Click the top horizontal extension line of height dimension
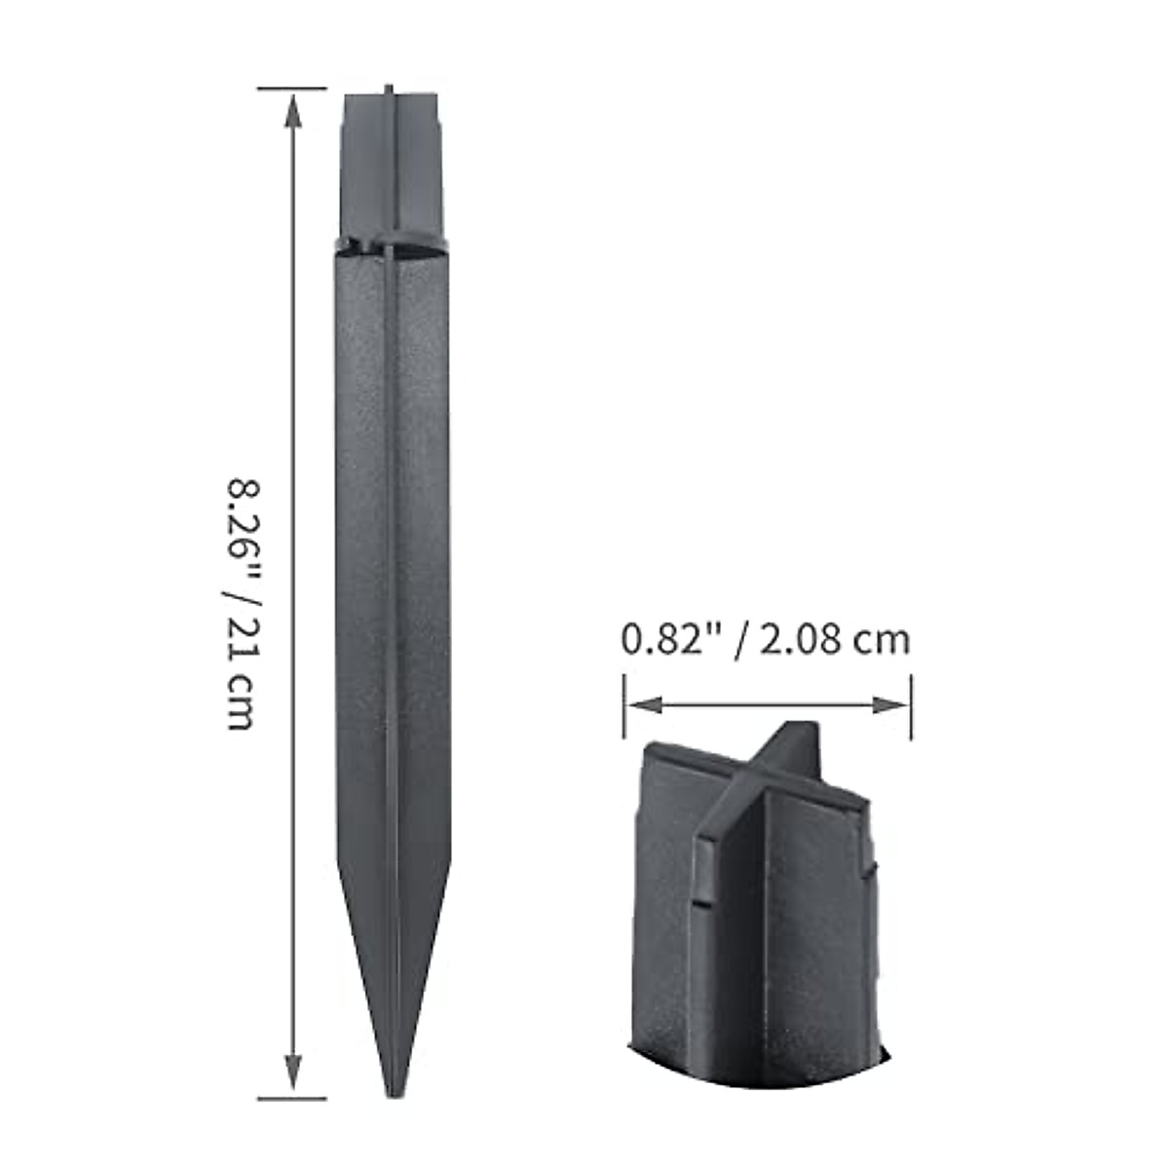(292, 89)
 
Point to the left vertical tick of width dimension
(624, 704)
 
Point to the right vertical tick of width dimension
(911, 704)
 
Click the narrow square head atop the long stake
(392, 166)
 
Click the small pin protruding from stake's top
(389, 89)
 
